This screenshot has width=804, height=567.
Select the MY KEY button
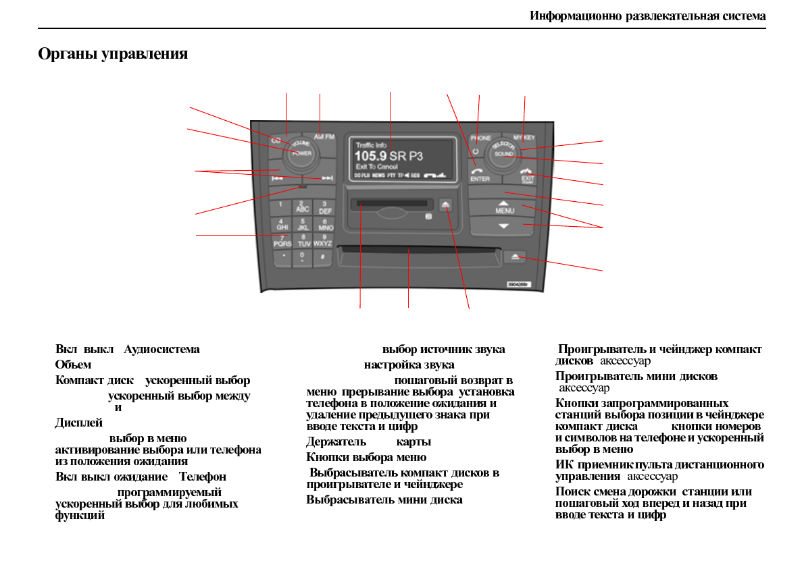tap(524, 137)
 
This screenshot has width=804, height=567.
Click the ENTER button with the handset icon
tap(480, 174)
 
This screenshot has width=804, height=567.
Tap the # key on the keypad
tap(323, 256)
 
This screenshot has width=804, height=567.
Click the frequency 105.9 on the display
tap(371, 156)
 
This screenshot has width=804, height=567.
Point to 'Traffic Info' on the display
tap(371, 145)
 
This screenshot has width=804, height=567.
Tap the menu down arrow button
tap(503, 226)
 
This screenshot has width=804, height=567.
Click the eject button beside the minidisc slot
tap(446, 202)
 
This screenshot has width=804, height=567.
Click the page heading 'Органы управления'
tap(113, 54)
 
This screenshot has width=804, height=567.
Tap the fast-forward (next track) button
tap(328, 179)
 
